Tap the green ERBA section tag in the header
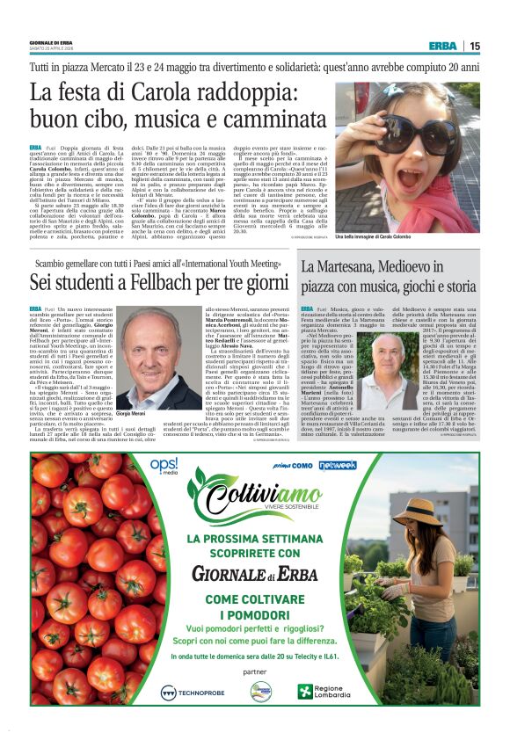[x=442, y=47]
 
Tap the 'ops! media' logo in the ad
[x=164, y=466]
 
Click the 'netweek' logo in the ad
[x=338, y=465]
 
